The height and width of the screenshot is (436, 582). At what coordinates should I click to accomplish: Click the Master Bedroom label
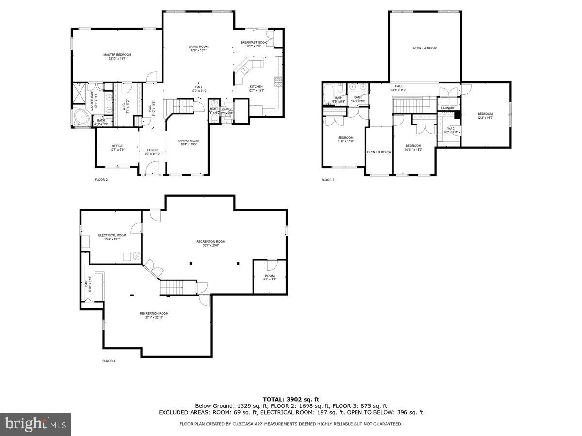tap(117, 55)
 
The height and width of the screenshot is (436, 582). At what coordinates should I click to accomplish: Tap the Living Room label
tap(198, 47)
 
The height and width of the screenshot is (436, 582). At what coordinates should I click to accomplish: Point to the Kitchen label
tap(256, 87)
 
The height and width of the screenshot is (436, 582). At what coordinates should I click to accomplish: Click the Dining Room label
tap(188, 141)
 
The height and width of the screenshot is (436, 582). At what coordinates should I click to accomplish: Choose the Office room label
tap(117, 146)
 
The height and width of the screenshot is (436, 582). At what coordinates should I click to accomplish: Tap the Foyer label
tap(152, 150)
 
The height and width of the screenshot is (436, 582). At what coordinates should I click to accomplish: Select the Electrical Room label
tap(112, 235)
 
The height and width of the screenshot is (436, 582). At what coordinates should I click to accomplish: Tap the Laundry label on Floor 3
tap(448, 108)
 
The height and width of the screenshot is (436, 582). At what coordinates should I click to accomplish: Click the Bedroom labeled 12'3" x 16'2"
tap(485, 114)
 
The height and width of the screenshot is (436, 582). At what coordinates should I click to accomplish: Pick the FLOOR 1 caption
tap(109, 361)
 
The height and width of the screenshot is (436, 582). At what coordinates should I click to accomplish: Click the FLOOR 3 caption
tap(327, 180)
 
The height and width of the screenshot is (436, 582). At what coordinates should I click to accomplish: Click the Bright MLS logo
tap(35, 424)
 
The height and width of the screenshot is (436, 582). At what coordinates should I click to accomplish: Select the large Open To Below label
tap(425, 48)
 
